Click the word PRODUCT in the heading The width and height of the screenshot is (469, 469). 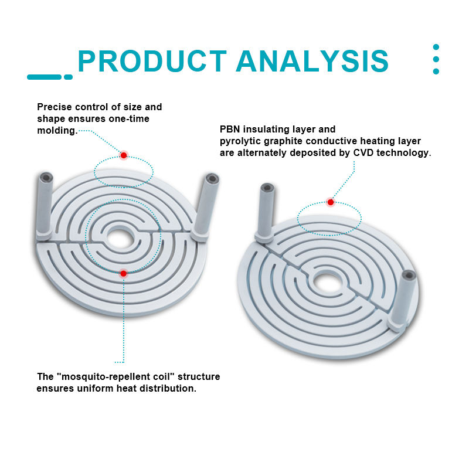pos(152,61)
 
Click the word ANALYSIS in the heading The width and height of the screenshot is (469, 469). pos(312,61)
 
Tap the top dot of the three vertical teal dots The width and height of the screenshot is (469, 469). pos(436,47)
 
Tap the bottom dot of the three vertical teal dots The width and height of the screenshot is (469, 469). pos(436,72)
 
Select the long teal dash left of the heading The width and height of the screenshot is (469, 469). pos(44,77)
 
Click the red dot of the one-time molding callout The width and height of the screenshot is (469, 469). pos(124,155)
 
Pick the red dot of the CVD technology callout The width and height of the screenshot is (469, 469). pos(331,202)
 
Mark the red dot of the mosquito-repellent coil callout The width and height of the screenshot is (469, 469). pos(123,273)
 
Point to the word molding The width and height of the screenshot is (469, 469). pos(56,131)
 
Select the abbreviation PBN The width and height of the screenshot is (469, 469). pos(230,129)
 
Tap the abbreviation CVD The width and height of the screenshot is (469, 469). pos(362,152)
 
